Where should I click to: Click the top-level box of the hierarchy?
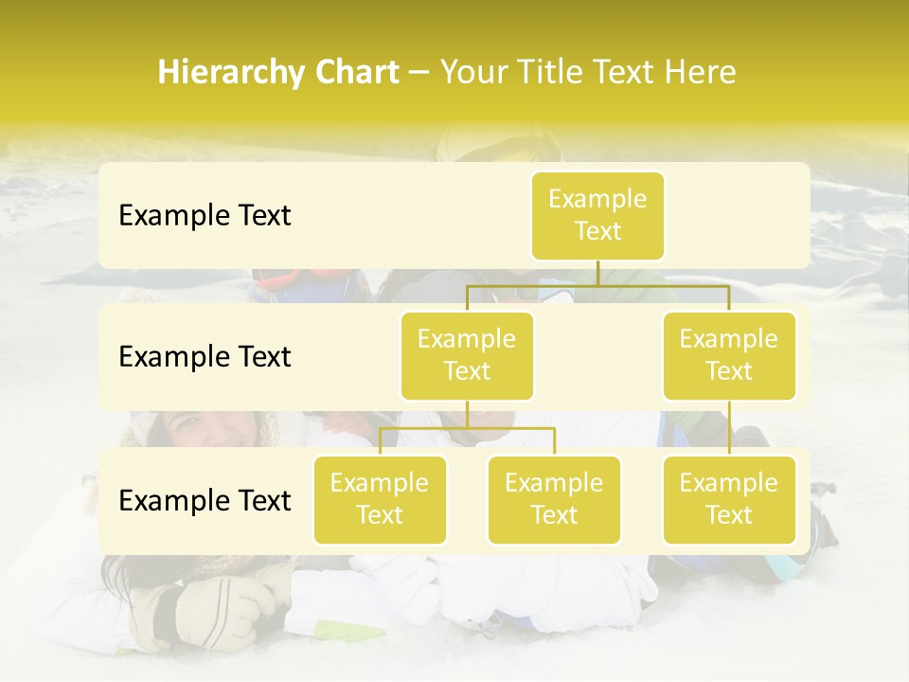click(597, 215)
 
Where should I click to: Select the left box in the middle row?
click(467, 355)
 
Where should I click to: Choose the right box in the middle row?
click(729, 355)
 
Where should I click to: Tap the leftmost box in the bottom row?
click(380, 499)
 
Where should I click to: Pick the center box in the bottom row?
click(554, 499)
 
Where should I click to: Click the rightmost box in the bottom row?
click(729, 499)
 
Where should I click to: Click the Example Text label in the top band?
click(205, 216)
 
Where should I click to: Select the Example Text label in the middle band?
click(205, 357)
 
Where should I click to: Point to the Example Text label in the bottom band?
click(205, 501)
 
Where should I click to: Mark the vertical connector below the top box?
click(597, 273)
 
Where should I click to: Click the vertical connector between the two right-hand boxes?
click(729, 427)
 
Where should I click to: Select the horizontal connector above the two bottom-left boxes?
click(467, 428)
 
